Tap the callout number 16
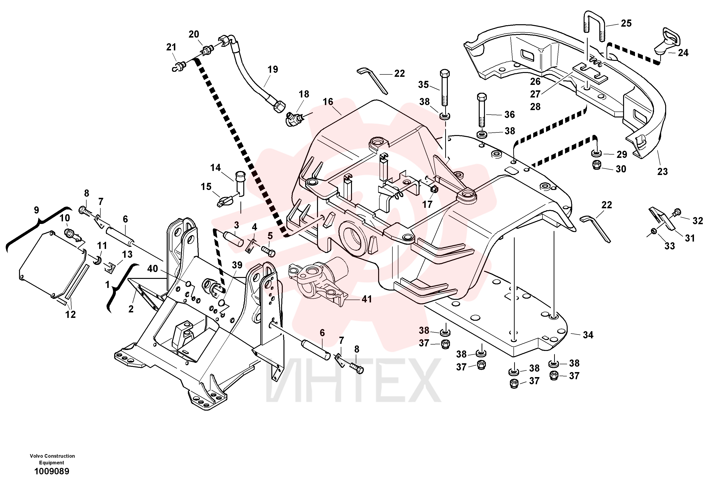328,102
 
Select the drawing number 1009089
52,471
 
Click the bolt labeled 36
482,109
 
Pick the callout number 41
367,299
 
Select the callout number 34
588,335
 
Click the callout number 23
663,171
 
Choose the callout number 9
36,210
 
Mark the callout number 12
70,314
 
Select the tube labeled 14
239,184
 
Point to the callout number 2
131,309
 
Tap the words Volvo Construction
52,456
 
